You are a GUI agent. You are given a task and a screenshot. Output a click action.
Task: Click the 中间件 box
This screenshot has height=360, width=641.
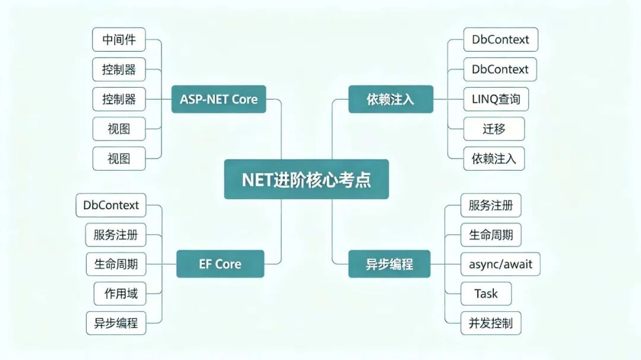pyautogui.click(x=119, y=40)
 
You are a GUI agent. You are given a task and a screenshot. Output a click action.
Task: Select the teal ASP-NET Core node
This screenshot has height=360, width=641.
pyautogui.click(x=219, y=99)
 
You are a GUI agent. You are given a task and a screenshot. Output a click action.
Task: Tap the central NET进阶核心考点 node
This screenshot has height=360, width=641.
pyautogui.click(x=306, y=179)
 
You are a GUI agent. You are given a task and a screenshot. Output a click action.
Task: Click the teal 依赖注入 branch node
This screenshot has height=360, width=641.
pyautogui.click(x=390, y=99)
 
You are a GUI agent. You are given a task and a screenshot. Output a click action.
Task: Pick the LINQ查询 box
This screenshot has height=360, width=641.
pyautogui.click(x=496, y=99)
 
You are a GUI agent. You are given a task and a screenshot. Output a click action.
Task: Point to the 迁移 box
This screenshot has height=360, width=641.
pyautogui.click(x=493, y=129)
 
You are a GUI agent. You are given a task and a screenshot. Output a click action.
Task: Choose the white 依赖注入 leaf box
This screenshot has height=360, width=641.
pyautogui.click(x=494, y=158)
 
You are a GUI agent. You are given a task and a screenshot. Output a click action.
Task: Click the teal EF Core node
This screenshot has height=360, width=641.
pyautogui.click(x=220, y=264)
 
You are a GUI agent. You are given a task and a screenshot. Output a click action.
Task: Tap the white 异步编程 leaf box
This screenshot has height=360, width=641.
pyautogui.click(x=116, y=323)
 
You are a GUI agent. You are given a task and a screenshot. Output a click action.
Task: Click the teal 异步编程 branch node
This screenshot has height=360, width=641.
pyautogui.click(x=389, y=264)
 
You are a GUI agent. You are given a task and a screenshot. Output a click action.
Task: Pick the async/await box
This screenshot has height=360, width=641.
pyautogui.click(x=500, y=264)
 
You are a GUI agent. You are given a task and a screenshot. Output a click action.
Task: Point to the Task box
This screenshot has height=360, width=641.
pyautogui.click(x=485, y=294)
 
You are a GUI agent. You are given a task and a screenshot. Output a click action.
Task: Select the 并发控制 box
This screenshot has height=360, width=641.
pyautogui.click(x=490, y=323)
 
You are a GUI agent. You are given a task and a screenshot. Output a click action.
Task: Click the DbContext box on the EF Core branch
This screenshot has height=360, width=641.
pyautogui.click(x=111, y=205)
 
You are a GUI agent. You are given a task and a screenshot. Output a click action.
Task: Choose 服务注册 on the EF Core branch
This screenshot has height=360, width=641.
pyautogui.click(x=116, y=234)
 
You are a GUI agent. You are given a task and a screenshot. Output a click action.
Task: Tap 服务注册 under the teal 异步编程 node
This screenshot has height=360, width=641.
pyautogui.click(x=491, y=205)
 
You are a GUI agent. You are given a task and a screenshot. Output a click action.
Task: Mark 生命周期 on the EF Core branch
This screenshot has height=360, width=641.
pyautogui.click(x=116, y=264)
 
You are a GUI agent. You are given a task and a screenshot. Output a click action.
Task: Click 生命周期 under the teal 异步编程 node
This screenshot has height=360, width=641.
pyautogui.click(x=491, y=234)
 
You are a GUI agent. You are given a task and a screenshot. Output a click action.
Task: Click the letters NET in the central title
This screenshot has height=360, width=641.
pyautogui.click(x=257, y=179)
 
